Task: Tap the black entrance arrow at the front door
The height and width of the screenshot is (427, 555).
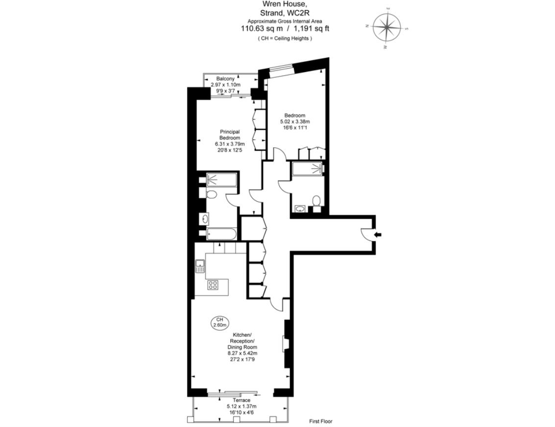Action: click(378, 235)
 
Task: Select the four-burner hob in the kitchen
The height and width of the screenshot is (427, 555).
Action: click(213, 285)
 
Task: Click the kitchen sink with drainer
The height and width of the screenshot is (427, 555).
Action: click(200, 266)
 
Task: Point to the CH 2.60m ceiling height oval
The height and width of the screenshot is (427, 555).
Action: click(219, 322)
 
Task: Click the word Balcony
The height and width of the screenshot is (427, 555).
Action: click(226, 79)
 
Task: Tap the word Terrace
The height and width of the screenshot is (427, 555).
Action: click(241, 400)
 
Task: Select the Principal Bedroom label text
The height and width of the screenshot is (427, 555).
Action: click(229, 135)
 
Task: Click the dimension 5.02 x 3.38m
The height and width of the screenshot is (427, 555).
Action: click(295, 121)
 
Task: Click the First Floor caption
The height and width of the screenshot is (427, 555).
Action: click(321, 421)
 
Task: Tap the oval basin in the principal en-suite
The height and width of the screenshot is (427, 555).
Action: click(204, 218)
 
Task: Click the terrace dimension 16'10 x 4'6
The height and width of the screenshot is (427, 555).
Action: click(241, 412)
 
